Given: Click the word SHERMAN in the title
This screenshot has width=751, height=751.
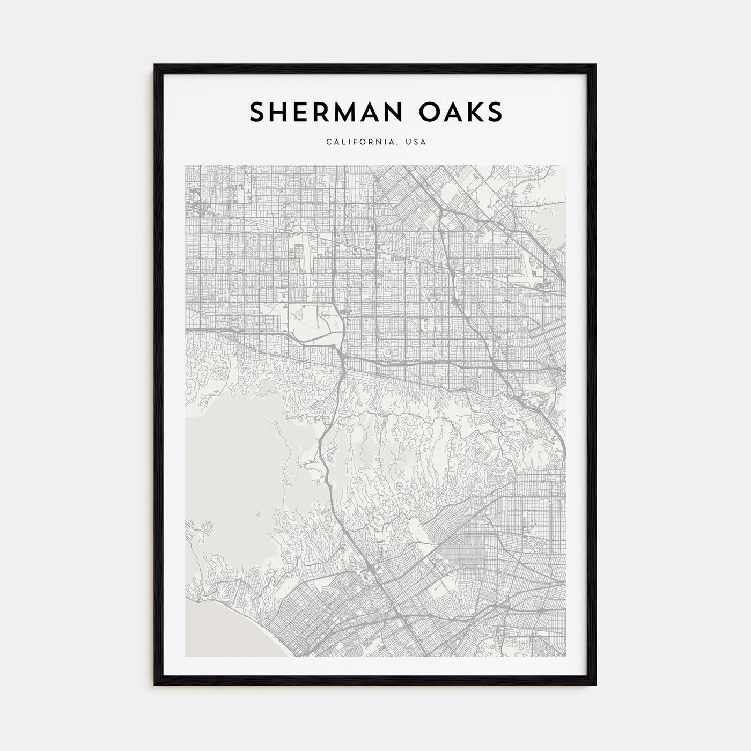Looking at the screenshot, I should point(316,112).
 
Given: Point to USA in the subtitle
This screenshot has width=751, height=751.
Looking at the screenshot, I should point(416,143).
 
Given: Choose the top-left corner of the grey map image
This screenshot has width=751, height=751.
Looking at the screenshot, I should point(186,165).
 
